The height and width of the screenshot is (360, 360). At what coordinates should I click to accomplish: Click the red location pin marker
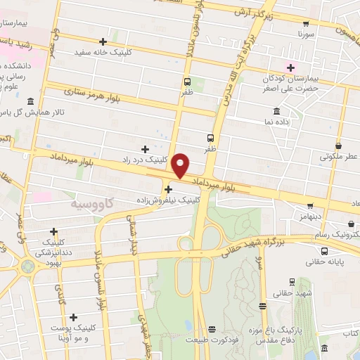click(x=181, y=165)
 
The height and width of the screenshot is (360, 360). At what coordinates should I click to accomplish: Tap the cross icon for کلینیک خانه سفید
click(x=103, y=41)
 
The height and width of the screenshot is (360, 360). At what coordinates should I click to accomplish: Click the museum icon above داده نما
click(x=276, y=111)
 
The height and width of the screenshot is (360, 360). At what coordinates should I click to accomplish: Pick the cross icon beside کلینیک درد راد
click(x=145, y=148)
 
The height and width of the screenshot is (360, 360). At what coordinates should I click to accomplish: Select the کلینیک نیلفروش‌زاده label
click(x=169, y=200)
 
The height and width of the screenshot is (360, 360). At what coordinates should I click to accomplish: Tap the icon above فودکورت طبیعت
click(x=212, y=328)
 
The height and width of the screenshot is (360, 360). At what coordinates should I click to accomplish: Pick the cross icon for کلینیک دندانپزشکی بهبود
click(x=53, y=231)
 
